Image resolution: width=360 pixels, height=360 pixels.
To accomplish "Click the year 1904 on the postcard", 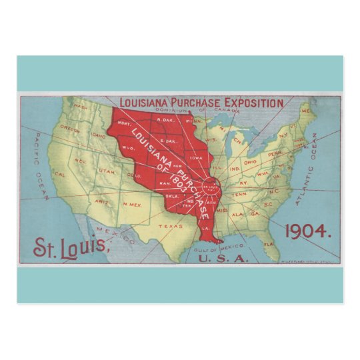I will [307, 231].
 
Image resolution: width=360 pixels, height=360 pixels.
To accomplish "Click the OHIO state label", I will [251, 163].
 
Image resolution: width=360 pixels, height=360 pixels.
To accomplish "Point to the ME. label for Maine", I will [305, 110].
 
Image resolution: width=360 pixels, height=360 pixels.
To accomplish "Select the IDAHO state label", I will [97, 137].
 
